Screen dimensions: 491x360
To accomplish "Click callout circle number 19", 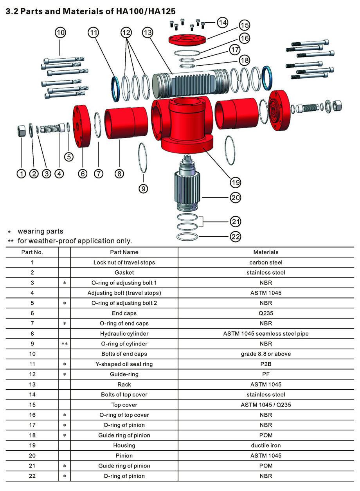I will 235,182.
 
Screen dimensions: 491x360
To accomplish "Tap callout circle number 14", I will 222,22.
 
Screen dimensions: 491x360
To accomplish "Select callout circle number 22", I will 235,236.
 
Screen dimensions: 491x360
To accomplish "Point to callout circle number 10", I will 60,32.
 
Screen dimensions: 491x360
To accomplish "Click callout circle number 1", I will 21,174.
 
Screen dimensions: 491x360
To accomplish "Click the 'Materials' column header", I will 266,252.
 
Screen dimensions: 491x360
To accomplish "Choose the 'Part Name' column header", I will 124,252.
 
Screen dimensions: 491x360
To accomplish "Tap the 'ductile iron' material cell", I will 266,445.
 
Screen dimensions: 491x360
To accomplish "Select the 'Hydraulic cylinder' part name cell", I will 124,334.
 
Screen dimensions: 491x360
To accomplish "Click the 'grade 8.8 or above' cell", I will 266,354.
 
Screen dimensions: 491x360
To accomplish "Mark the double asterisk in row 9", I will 65,344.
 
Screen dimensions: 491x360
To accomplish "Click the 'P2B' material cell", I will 266,364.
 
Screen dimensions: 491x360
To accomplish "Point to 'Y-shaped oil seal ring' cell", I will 124,364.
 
